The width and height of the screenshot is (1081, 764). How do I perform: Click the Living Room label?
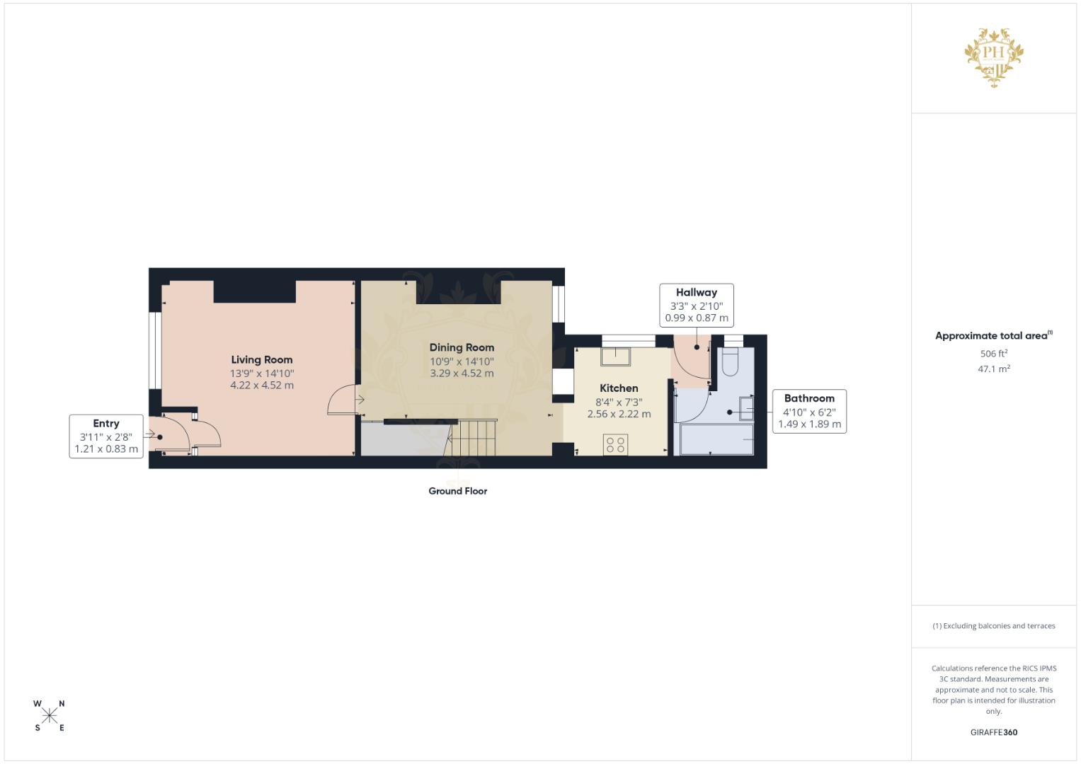point(261,360)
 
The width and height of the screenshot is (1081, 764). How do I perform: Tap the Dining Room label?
point(462,348)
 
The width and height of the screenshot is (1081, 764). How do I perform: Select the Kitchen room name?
point(619,388)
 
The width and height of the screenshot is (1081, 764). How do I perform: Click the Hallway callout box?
point(697,306)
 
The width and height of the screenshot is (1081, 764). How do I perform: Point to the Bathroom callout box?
point(809,412)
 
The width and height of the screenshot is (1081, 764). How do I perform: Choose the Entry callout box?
point(106,436)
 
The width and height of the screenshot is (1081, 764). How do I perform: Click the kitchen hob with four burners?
point(615,445)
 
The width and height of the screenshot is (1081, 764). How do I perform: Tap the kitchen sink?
point(615,356)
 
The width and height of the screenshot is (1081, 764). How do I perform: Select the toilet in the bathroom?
point(730,361)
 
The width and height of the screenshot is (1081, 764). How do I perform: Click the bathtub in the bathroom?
point(716,439)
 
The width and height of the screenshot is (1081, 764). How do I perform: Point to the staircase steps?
point(471,438)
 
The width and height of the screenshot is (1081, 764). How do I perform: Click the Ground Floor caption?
point(457,491)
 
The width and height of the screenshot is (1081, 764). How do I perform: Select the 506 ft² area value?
point(994,354)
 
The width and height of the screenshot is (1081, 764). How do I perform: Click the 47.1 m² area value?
point(994,369)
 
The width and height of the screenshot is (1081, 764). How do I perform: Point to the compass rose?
point(50,716)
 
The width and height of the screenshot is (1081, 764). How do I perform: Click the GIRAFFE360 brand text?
point(994,732)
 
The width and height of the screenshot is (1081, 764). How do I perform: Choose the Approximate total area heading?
point(994,336)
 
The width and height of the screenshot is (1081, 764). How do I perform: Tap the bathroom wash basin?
point(747,408)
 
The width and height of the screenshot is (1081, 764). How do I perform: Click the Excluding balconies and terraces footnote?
point(994,626)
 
